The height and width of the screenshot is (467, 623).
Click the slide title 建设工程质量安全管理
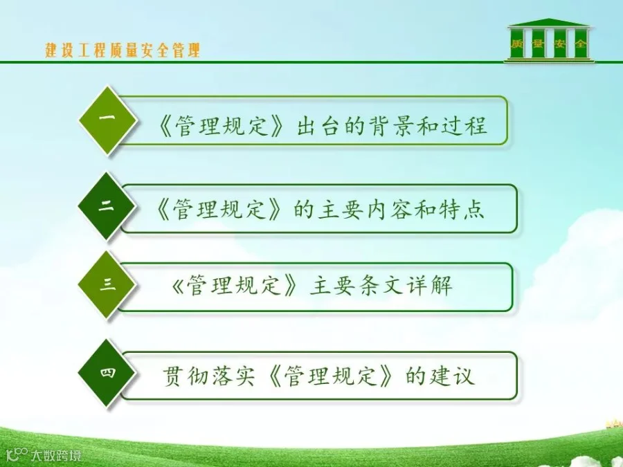pos(123,51)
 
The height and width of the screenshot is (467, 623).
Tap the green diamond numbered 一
pos(107,120)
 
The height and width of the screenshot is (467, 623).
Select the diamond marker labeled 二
pos(107,206)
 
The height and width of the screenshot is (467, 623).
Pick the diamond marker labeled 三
pos(107,285)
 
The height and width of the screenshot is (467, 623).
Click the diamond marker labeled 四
pos(107,373)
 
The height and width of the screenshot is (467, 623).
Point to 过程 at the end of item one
pos(464,126)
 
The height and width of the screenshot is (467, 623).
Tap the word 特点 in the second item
pos(462,209)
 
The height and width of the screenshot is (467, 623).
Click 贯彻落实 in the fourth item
pos(208,375)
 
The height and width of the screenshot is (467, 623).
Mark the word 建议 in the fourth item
pos(452,375)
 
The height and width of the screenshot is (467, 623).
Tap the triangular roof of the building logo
pos(549,22)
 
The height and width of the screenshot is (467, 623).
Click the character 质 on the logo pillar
pos(516,44)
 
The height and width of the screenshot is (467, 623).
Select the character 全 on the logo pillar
pos(581,44)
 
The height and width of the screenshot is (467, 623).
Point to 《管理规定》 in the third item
pos(235,286)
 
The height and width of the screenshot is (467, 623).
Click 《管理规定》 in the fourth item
pos(329,375)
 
